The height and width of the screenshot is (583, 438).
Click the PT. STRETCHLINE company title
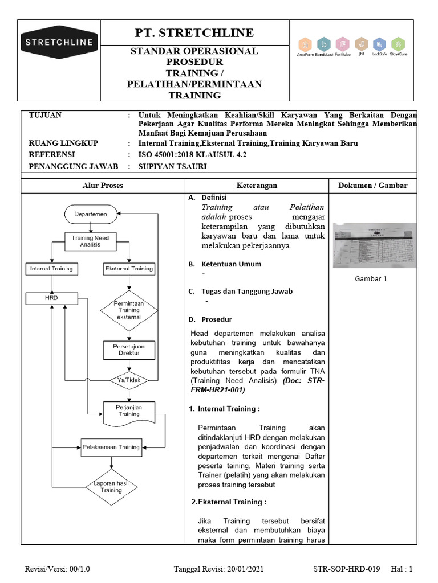(x=194, y=32)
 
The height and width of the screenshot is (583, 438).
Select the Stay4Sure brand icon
(x=398, y=45)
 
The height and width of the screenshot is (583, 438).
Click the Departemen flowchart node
(x=91, y=214)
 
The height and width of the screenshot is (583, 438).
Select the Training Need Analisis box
(x=91, y=240)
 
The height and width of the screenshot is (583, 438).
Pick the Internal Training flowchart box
(x=51, y=268)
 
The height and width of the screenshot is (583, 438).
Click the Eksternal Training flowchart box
(x=129, y=268)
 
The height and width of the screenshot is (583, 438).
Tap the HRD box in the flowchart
(x=51, y=298)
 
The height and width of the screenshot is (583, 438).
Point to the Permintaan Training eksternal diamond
(x=129, y=310)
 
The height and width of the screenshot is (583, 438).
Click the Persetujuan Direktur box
(x=129, y=349)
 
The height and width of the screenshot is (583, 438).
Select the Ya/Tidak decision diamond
(x=129, y=380)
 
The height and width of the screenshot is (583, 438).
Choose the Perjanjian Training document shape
(x=129, y=410)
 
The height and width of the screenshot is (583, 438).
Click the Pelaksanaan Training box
(x=111, y=447)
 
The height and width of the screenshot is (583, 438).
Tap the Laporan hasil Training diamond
(x=111, y=486)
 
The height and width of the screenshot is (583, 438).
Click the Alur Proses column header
(x=103, y=186)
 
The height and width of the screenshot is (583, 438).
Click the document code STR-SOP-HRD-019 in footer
(x=346, y=569)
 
